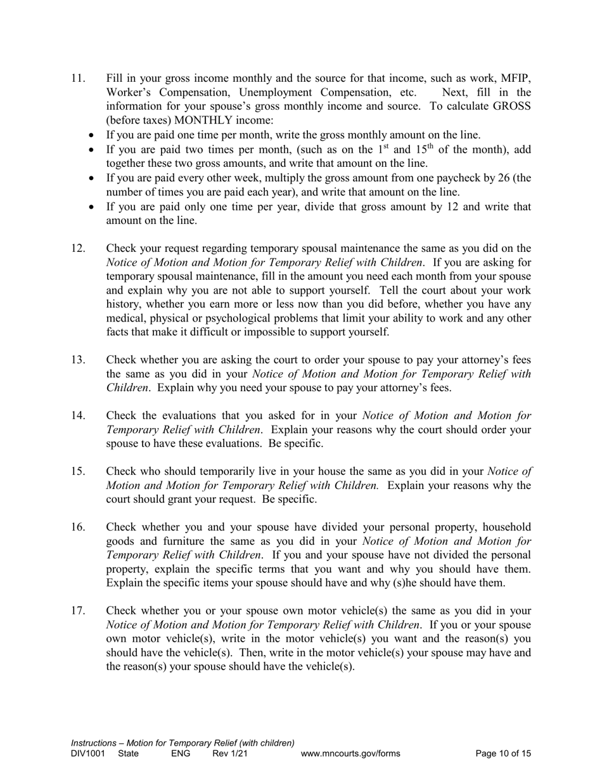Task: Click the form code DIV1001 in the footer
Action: coord(88,754)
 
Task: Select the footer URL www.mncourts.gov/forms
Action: coord(350,754)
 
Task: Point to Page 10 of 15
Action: coord(503,754)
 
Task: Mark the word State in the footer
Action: coord(129,754)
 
